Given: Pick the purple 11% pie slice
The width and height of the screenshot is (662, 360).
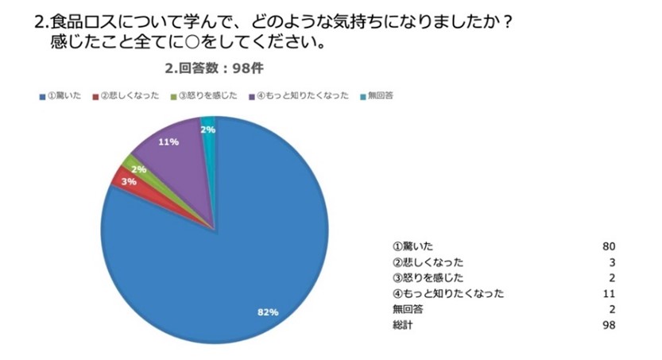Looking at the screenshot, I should tap(175, 147).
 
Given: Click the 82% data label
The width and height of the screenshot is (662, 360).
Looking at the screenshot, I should tap(268, 312).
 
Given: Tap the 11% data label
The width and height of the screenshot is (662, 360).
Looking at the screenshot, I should tap(168, 142).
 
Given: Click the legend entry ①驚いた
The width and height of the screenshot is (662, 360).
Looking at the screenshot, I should tap(62, 96).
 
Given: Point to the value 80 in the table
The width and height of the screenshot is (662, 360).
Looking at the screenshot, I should tap(610, 246).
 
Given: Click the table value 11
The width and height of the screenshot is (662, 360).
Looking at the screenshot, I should tap(610, 293).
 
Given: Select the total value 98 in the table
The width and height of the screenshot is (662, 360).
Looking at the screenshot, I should tap(610, 325).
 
